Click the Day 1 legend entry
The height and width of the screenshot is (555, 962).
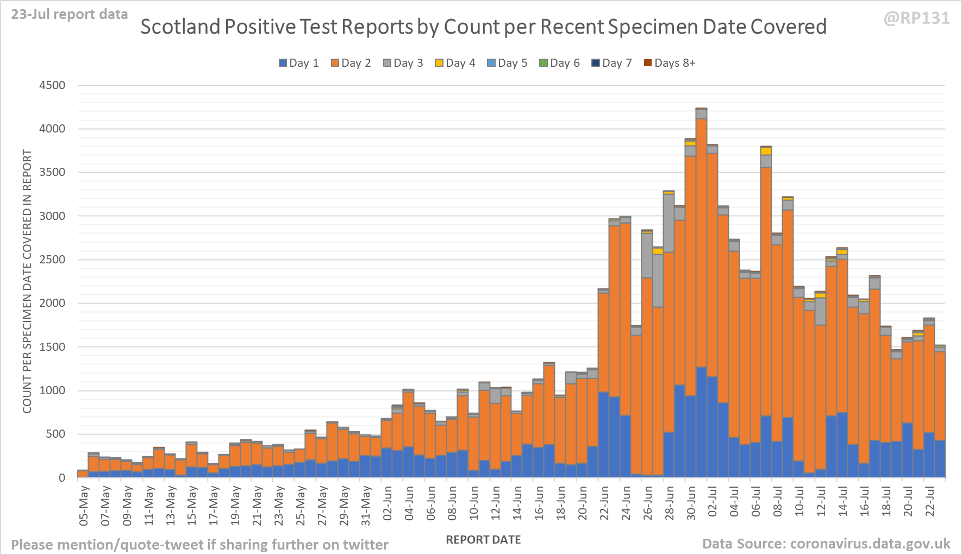pyautogui.click(x=299, y=63)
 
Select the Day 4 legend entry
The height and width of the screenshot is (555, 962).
pyautogui.click(x=455, y=63)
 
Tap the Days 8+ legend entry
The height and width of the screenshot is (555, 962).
pyautogui.click(x=670, y=63)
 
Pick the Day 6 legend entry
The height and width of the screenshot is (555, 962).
pyautogui.click(x=560, y=63)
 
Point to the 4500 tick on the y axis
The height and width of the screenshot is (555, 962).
pyautogui.click(x=52, y=85)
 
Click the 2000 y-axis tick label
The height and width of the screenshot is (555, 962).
pyautogui.click(x=52, y=303)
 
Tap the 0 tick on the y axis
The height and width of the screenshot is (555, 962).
pyautogui.click(x=62, y=478)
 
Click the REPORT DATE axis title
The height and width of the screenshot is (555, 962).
pyautogui.click(x=483, y=540)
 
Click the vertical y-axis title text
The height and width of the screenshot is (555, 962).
pyautogui.click(x=27, y=281)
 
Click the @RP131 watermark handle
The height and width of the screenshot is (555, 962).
pyautogui.click(x=916, y=18)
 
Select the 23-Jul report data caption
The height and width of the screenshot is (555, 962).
pyautogui.click(x=70, y=14)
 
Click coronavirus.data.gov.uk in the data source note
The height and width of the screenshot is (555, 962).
pyautogui.click(x=870, y=544)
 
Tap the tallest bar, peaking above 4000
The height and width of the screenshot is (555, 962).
pyautogui.click(x=701, y=272)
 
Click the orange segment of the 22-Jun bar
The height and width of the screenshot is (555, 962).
pyautogui.click(x=603, y=342)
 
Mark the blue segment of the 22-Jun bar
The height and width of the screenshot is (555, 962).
pyautogui.click(x=603, y=434)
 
